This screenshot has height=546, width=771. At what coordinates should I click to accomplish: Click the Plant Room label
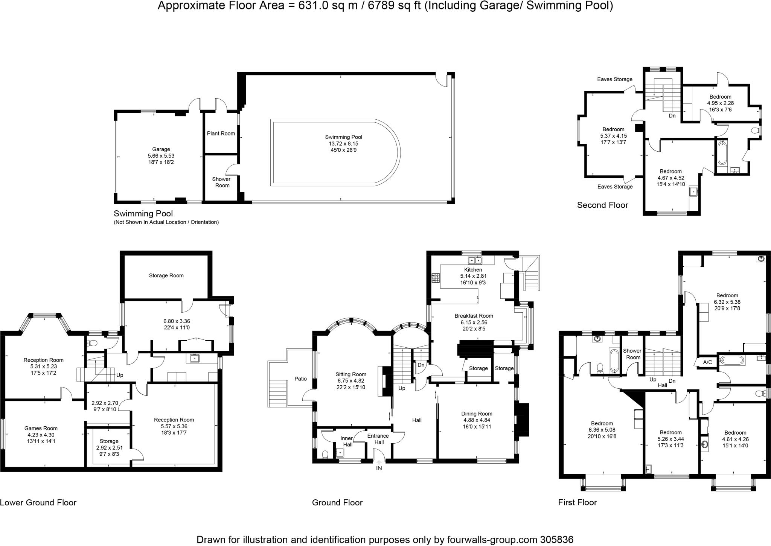click(x=221, y=133)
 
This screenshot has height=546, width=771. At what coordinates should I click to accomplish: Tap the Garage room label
click(x=161, y=149)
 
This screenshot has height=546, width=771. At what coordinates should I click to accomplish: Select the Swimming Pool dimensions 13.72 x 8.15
click(x=343, y=144)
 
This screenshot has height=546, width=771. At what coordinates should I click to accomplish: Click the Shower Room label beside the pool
click(x=222, y=182)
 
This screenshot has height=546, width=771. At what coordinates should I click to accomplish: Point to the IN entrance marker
click(x=379, y=468)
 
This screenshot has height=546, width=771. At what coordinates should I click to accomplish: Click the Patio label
click(x=300, y=379)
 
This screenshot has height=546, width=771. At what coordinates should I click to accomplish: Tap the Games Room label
click(x=41, y=428)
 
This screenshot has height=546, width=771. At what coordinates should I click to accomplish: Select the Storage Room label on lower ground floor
click(x=166, y=275)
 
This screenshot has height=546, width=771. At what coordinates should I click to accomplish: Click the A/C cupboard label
click(x=707, y=362)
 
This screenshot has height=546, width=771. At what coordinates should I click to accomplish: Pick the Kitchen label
click(x=473, y=270)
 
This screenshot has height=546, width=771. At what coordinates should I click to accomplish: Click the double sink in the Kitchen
click(x=475, y=260)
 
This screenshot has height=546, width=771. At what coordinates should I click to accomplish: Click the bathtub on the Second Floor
click(x=722, y=154)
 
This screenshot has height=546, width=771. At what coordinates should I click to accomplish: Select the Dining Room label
click(x=477, y=414)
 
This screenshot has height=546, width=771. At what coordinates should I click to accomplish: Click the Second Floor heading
click(x=602, y=205)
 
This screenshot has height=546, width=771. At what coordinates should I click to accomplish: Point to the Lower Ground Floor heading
click(x=38, y=503)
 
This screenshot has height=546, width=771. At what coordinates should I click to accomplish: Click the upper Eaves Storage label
click(x=614, y=79)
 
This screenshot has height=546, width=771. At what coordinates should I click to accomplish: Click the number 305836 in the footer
click(x=556, y=540)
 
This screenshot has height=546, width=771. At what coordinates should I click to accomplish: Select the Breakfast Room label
click(x=473, y=316)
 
